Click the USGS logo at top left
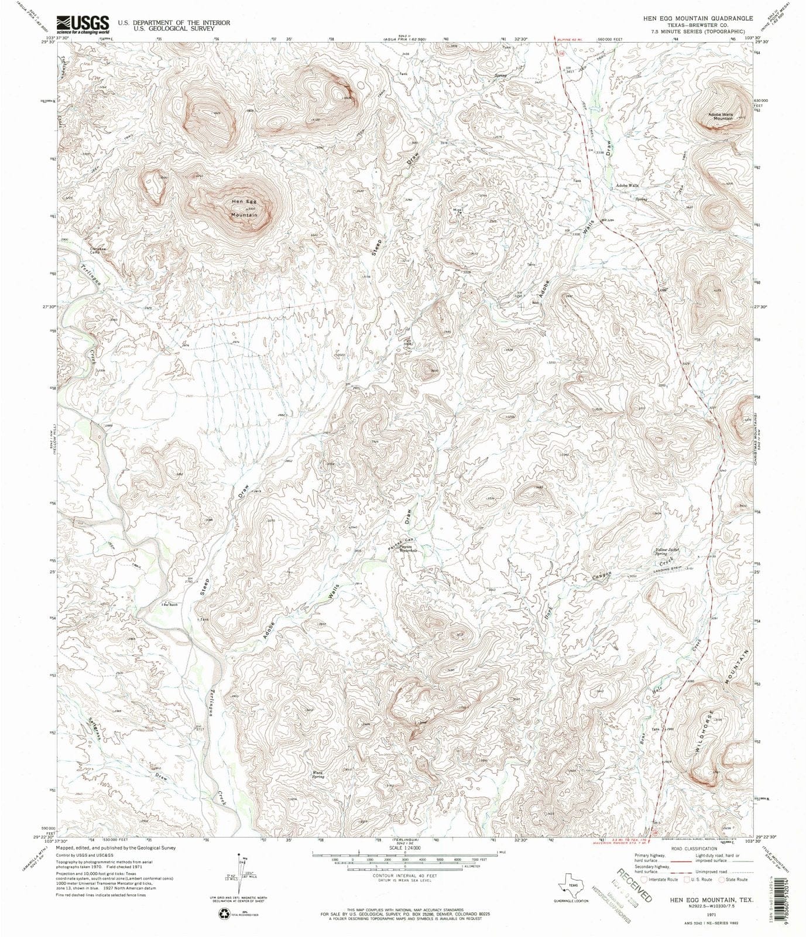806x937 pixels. pyautogui.click(x=83, y=23)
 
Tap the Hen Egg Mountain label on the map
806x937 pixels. pyautogui.click(x=244, y=208)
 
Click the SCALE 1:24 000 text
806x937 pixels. pyautogui.click(x=404, y=847)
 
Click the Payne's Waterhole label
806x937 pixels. pyautogui.click(x=404, y=549)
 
